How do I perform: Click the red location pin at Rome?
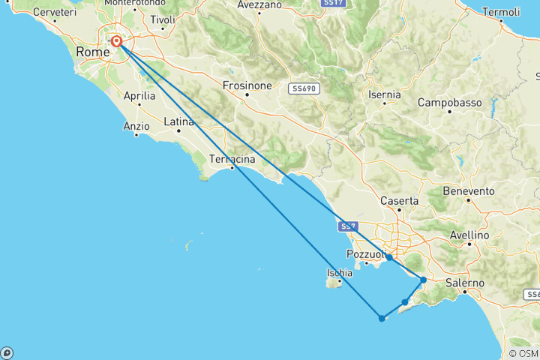pos(117,42)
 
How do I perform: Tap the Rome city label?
pos(92,52)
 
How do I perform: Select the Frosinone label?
pos(247,85)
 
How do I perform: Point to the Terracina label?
pos(232,159)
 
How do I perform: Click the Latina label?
pos(178,121)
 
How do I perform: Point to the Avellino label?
pos(469,235)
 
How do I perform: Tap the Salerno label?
pos(465,283)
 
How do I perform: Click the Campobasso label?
pos(449,102)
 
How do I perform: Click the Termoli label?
pos(502,12)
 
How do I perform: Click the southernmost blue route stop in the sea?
pos(382,318)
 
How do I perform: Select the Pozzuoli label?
pos(365,253)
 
